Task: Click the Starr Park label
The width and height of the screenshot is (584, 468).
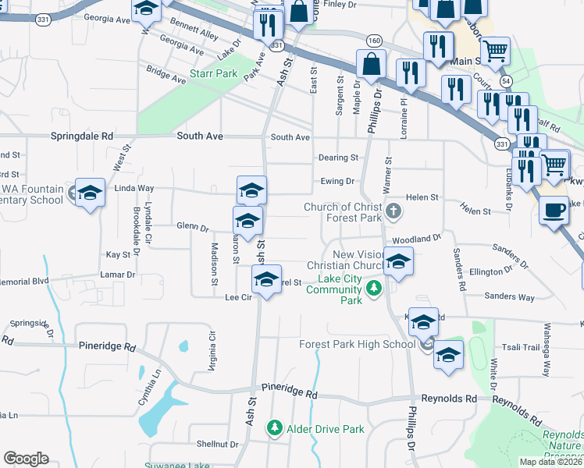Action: pos(213,75)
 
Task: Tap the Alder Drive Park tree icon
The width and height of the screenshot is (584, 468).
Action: pos(274,427)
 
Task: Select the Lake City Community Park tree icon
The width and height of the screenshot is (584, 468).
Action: pos(375,289)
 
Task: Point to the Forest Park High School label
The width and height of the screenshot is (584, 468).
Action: pos(358,344)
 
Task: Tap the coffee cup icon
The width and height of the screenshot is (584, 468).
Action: pos(554,211)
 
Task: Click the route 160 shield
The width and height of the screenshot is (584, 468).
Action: pos(374,41)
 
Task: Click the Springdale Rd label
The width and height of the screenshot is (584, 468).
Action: pos(82,136)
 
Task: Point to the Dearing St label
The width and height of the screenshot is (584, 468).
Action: pos(338,158)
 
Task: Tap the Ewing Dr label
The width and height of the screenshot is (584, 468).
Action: pos(337,181)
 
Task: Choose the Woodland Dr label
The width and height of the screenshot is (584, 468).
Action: pos(417,239)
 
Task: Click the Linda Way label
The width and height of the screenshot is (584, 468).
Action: pos(134,189)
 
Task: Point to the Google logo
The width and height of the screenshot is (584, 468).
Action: pos(26,459)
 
